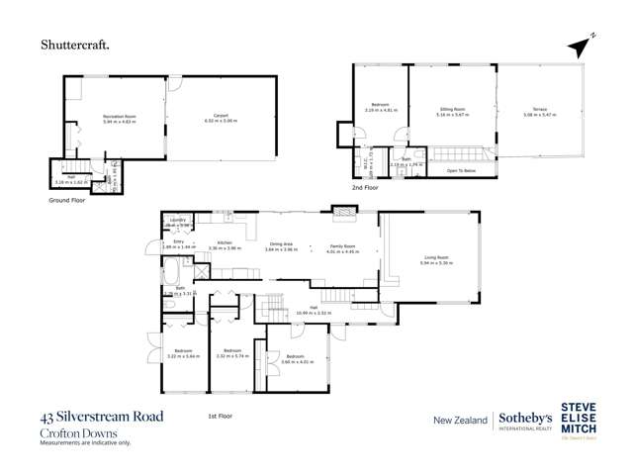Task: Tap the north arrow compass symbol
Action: pos(584,44)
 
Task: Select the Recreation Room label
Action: pos(119,117)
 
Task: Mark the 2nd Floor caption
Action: pos(365,186)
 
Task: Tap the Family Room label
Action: pos(341,245)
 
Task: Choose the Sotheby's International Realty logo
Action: pos(525,421)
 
